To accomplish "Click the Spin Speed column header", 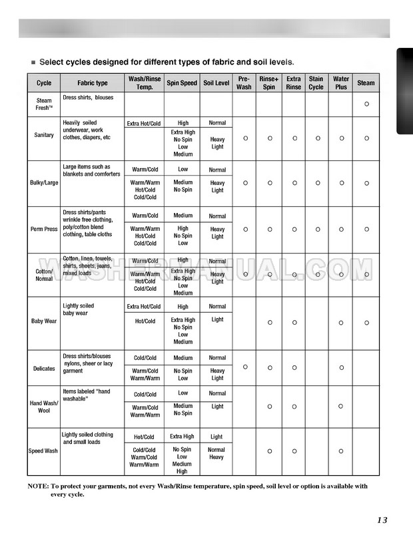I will tap(182, 83).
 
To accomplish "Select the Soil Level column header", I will tap(217, 83).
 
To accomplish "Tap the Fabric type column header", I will tap(92, 83).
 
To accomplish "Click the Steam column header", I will tap(366, 83).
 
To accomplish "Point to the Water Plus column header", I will tap(341, 83).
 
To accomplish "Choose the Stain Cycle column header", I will tap(316, 83).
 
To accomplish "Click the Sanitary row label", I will tap(44, 136).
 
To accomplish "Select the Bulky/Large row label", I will tap(43, 182).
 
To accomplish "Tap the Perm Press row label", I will tap(44, 229).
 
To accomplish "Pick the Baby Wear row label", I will tap(44, 321).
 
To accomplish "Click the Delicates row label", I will tap(44, 368).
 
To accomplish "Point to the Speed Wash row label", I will tap(44, 450).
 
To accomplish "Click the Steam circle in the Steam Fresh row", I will tap(366, 104).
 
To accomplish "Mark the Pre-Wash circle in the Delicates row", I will tap(244, 367).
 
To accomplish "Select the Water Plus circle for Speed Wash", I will tap(341, 451).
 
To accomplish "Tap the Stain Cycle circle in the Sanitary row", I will tap(317, 138).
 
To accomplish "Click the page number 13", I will tap(382, 520).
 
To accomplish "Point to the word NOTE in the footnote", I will tap(38, 486).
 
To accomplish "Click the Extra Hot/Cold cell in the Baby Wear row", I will tap(144, 307).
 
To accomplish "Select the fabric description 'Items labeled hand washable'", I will tap(87, 396).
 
